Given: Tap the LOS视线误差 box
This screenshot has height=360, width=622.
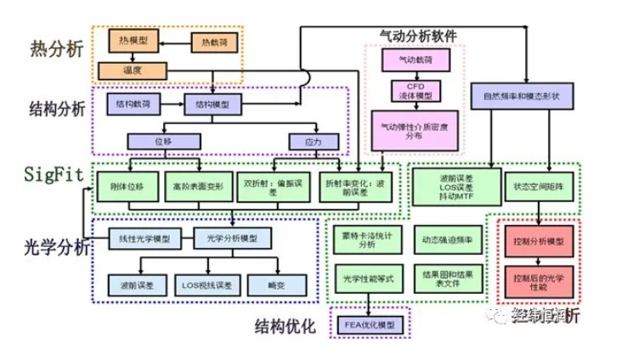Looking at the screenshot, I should pyautogui.click(x=209, y=284).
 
